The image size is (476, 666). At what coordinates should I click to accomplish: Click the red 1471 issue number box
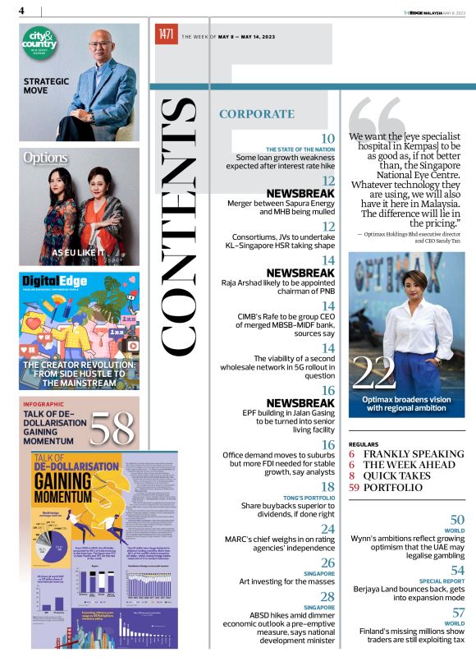pos(167,34)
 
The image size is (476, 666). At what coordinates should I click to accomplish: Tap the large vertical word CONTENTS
pos(179,225)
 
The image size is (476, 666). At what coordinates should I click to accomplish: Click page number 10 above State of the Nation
pos(327,139)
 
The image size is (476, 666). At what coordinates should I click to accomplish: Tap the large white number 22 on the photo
pos(373,373)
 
